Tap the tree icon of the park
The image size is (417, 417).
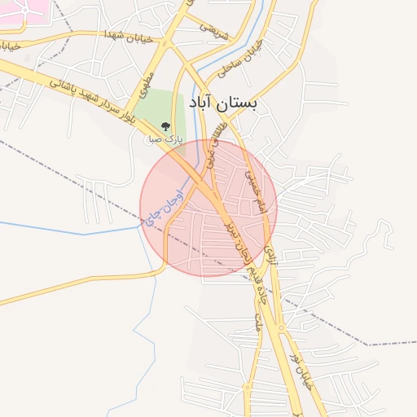tap(165, 126)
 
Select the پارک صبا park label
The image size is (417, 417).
tap(165, 139)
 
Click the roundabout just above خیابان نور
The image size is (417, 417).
tap(283, 328)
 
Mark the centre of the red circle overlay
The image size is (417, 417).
tap(208, 208)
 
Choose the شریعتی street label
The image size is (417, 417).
tap(214, 29)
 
